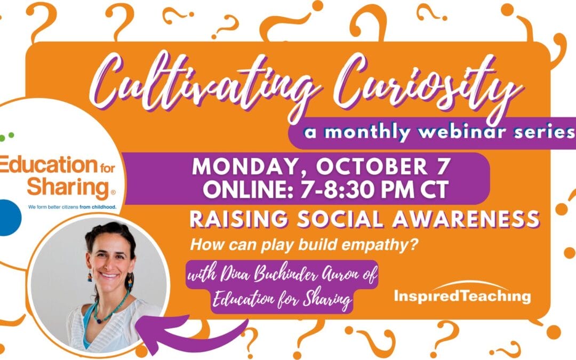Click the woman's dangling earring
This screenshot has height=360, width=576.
[130, 280]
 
